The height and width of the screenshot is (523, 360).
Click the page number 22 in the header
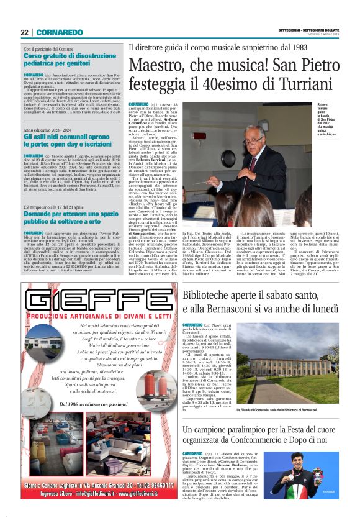pyautogui.click(x=24, y=32)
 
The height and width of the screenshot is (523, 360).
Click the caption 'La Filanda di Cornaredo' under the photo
pyautogui.click(x=284, y=411)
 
